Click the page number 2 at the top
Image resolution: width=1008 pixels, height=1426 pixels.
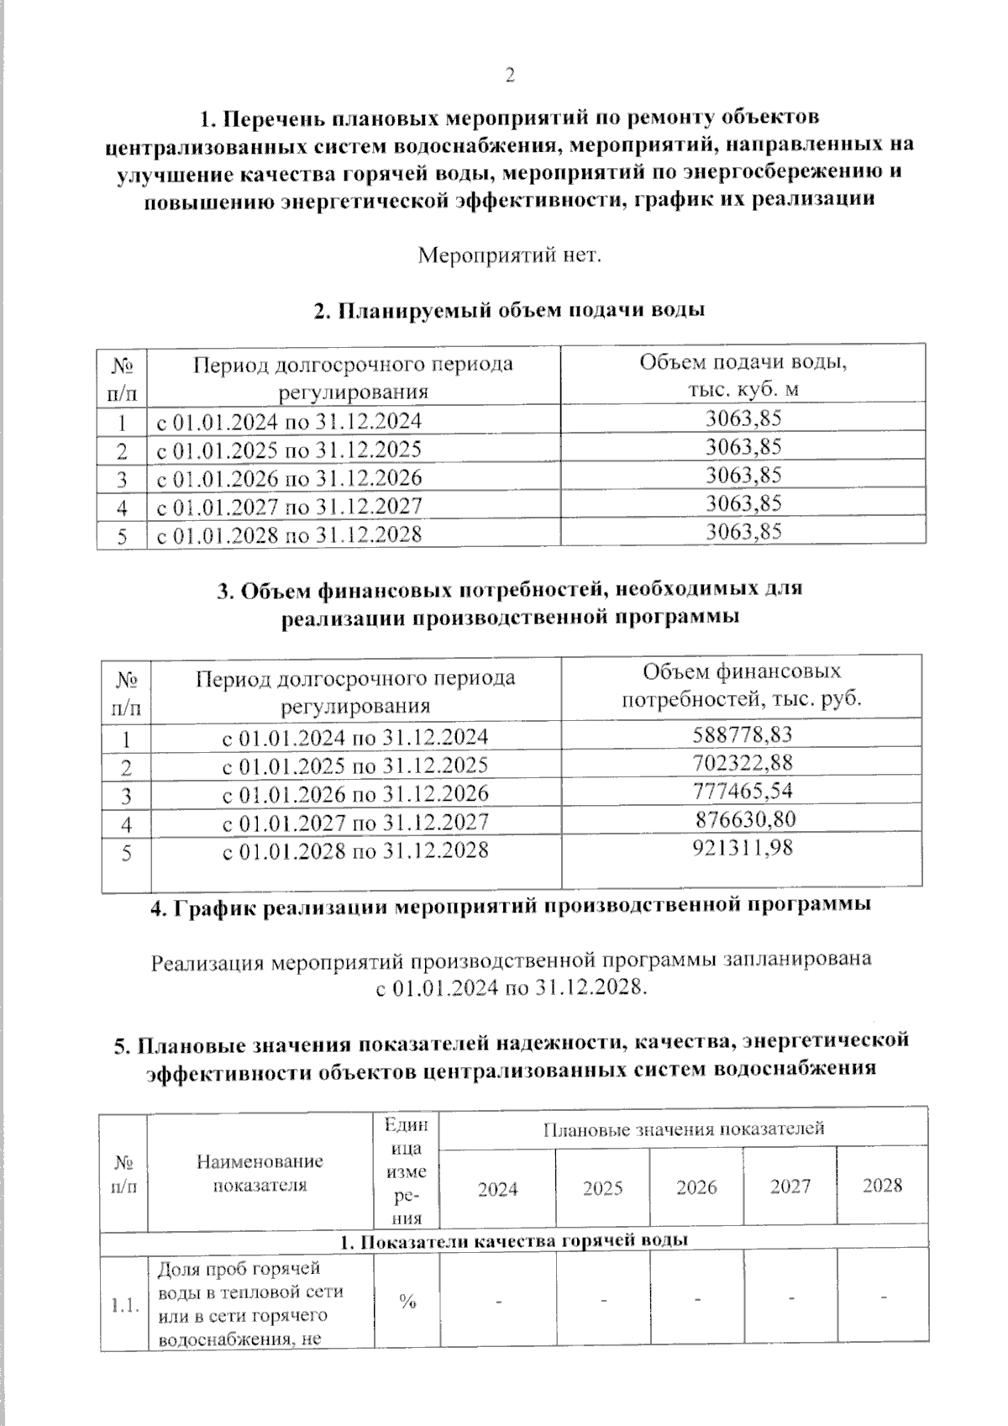click(x=509, y=76)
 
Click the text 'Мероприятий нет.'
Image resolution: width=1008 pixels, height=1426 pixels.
click(x=510, y=255)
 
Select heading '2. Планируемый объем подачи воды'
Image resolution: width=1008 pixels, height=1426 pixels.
click(x=508, y=310)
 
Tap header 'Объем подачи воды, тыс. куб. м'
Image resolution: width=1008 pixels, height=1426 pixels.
click(x=743, y=376)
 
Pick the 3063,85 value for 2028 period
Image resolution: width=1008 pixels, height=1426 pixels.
click(x=743, y=532)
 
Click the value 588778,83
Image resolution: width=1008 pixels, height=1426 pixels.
click(x=743, y=735)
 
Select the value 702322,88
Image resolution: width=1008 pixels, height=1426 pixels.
click(x=743, y=763)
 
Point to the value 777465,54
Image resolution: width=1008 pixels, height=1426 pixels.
click(x=743, y=791)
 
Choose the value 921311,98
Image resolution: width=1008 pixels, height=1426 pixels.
click(x=743, y=848)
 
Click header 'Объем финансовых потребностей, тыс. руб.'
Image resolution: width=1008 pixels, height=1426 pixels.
click(x=742, y=686)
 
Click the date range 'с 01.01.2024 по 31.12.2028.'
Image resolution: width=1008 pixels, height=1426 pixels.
click(x=511, y=987)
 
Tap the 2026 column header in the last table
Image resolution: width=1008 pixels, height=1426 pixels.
click(x=696, y=1187)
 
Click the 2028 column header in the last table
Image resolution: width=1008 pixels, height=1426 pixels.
click(x=882, y=1186)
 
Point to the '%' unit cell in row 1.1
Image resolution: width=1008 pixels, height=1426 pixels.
click(x=407, y=1302)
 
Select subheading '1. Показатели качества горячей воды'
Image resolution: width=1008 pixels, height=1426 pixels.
click(x=513, y=1240)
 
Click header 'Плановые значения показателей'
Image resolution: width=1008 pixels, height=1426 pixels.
click(x=683, y=1129)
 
